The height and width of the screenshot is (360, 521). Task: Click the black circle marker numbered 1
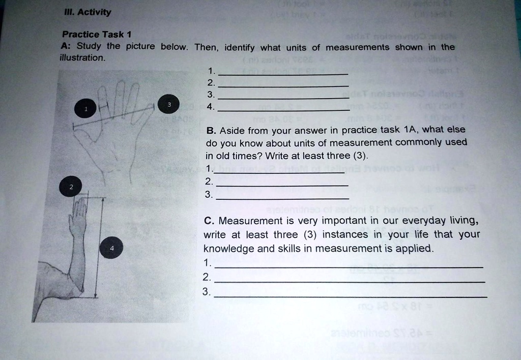click(x=86, y=108)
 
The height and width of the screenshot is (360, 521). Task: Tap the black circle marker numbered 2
click(x=71, y=187)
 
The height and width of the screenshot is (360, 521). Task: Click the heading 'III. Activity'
click(x=86, y=12)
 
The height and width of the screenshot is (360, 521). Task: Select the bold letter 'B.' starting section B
click(x=211, y=130)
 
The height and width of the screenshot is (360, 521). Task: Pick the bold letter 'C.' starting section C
click(x=208, y=221)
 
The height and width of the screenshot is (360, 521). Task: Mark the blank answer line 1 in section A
click(x=283, y=74)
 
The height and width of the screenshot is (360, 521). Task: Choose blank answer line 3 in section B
click(x=282, y=197)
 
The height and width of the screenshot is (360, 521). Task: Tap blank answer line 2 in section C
click(x=350, y=281)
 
